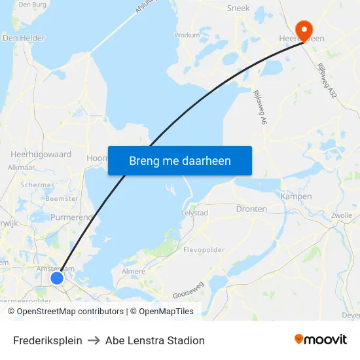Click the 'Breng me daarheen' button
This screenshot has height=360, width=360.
180,160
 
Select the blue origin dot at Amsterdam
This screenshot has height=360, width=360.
57,278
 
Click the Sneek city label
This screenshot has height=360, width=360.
238,9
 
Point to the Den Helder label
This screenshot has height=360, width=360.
24,38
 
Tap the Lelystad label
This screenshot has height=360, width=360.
194,213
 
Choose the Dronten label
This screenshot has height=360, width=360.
251,209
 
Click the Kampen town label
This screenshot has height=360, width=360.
296,196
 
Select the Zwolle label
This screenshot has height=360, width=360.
342,215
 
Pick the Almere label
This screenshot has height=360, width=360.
134,270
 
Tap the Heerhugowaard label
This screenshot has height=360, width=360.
41,154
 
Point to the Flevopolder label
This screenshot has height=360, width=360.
204,250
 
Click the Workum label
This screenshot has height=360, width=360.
187,35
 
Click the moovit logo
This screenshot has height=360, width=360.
321,340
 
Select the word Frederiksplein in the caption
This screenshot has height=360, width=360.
48,340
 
